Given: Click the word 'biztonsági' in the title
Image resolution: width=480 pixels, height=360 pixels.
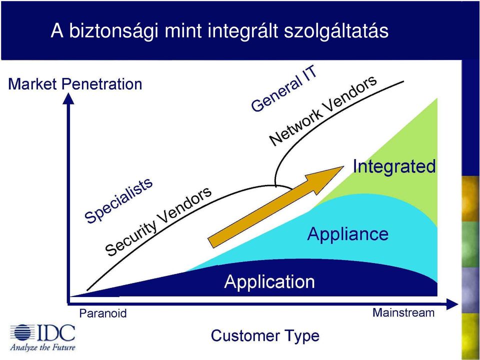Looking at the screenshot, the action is coord(113,31).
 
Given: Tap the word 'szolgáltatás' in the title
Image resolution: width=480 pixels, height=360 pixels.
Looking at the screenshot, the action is coord(336,31).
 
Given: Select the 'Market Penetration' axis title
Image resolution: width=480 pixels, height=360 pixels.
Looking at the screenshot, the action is coord(75,84).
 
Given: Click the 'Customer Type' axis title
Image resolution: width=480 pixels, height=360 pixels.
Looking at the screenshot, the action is coord(265,336).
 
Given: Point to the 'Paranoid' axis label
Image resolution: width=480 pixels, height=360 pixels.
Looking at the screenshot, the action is coord(103,313).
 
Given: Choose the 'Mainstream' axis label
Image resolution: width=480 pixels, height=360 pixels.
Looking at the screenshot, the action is coord(403,312).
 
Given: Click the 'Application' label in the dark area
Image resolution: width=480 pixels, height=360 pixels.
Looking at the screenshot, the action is coord(269,281).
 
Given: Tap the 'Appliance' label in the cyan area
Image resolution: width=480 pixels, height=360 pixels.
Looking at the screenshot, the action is coord(348,234).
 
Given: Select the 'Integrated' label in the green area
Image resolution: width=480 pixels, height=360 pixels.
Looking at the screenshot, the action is coord(394,166).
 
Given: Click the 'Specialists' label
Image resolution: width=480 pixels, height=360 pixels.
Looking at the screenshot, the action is coord(119,200).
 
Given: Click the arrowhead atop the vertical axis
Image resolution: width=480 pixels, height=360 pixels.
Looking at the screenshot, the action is coord(68,98).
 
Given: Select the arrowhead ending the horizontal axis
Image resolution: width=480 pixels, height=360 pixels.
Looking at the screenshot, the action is coord(452,304).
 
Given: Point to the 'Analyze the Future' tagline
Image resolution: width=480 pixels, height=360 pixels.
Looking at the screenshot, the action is coord(42,347).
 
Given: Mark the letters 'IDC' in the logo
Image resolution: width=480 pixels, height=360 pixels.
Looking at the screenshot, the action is coord(56,333).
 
